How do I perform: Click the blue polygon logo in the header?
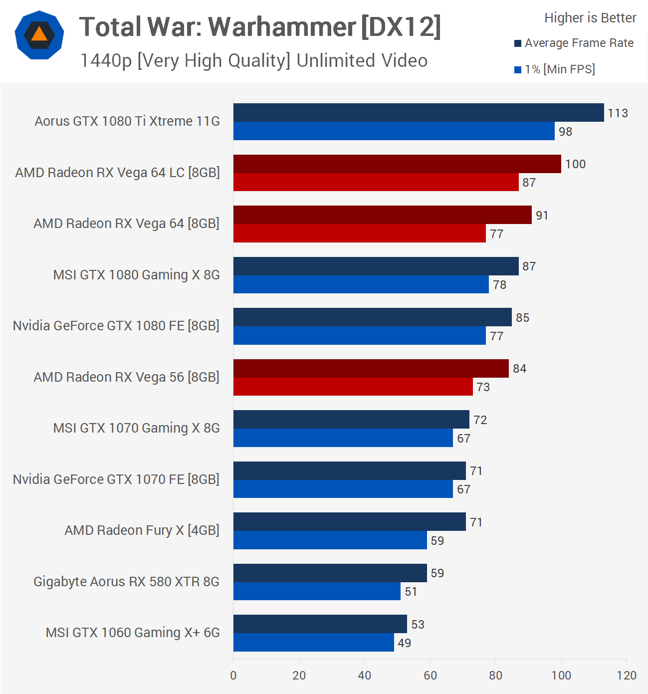coord(39,35)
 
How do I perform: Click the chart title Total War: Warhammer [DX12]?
coord(260,27)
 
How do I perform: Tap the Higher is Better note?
coord(590,18)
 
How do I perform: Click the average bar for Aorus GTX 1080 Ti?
coord(418,113)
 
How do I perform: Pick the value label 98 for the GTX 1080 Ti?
coord(565,132)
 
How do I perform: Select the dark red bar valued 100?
coord(397,164)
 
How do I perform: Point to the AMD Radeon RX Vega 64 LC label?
coord(117,173)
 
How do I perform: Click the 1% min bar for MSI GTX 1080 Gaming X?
coord(361,284)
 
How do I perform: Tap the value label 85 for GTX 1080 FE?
coord(522,318)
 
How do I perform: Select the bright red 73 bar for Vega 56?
coord(353,387)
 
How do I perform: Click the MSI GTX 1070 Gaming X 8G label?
coord(136,428)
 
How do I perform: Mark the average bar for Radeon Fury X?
coord(349,522)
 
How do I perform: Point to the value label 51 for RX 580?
coord(411,592)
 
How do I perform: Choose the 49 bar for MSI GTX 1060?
coord(313,643)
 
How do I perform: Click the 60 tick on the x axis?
coord(430,676)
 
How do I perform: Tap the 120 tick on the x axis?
coord(626,676)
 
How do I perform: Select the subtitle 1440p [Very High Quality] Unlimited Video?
coord(254,61)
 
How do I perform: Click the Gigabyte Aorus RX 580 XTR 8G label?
coord(126,582)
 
